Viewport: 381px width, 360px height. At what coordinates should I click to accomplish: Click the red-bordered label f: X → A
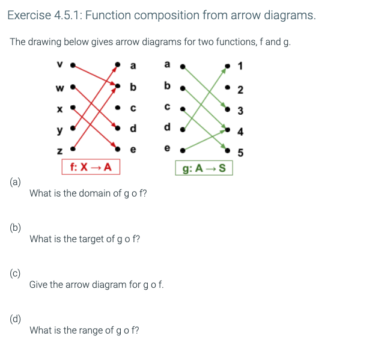[x=90, y=166]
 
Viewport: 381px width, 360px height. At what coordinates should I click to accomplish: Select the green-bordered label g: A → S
[x=204, y=168]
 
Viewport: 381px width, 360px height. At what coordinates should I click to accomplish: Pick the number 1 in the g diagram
[x=240, y=65]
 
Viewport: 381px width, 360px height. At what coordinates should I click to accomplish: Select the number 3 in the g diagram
[x=240, y=110]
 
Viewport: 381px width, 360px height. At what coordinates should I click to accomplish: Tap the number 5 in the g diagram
[x=240, y=153]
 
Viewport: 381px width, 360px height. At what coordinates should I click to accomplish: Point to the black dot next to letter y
[x=72, y=129]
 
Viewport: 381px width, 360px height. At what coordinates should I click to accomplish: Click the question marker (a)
[x=15, y=182]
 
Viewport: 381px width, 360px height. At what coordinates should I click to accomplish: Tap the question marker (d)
[x=15, y=319]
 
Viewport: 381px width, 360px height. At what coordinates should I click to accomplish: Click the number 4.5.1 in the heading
[x=69, y=15]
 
